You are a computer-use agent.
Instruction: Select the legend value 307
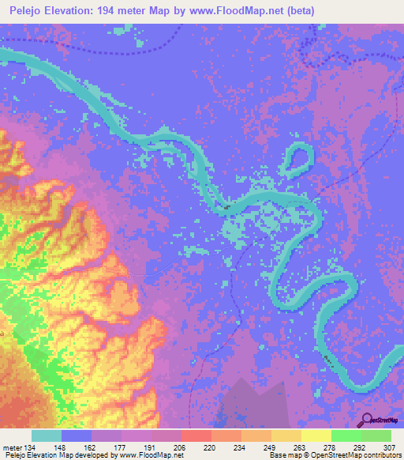390,447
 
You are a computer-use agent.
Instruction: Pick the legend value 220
187,447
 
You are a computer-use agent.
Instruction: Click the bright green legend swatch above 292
346,435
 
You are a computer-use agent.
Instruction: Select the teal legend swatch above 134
47,435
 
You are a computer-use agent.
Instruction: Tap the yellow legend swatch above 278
316,435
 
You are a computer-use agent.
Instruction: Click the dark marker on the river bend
228,208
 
